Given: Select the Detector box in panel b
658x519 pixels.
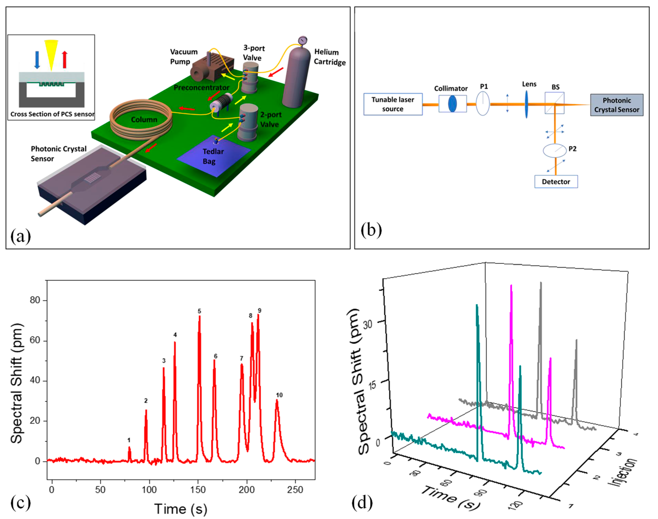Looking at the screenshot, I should pyautogui.click(x=556, y=182).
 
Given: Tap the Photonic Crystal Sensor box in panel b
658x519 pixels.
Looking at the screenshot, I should pyautogui.click(x=616, y=105).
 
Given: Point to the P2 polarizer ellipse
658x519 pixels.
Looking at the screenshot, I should pyautogui.click(x=555, y=150).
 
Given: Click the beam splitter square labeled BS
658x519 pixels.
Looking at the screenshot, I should pyautogui.click(x=554, y=103).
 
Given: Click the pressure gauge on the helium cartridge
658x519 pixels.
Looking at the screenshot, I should pyautogui.click(x=302, y=40).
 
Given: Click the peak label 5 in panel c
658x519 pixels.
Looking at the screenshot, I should pyautogui.click(x=199, y=311).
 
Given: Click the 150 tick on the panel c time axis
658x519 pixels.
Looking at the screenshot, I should pyautogui.click(x=198, y=490).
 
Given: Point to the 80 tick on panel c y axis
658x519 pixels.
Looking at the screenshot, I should pyautogui.click(x=35, y=300).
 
